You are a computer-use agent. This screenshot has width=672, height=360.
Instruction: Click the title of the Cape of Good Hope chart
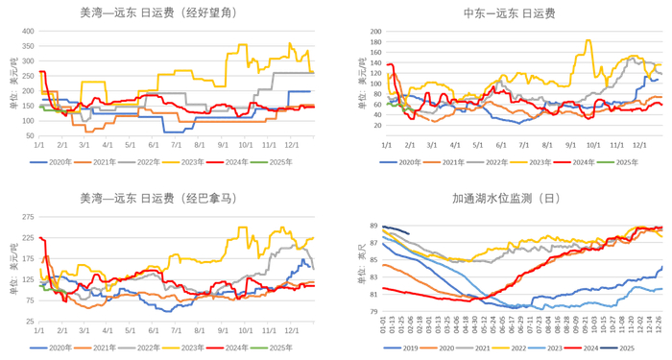click(158, 13)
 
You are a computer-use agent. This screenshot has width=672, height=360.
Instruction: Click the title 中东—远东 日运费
click(509, 13)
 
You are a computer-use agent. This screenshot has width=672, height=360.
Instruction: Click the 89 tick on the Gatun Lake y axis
click(373, 227)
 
